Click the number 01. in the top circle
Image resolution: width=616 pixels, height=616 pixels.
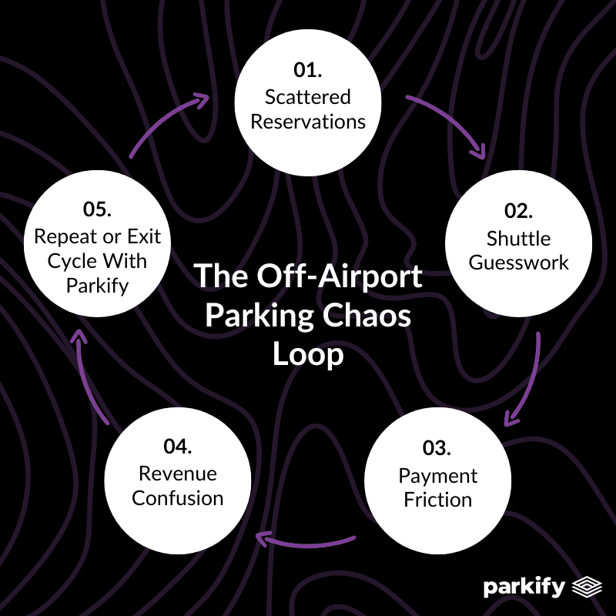(x=307, y=71)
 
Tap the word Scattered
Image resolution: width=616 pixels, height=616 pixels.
(x=308, y=97)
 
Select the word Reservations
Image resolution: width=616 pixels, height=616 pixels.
(x=308, y=122)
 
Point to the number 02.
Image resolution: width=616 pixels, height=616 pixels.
(x=519, y=211)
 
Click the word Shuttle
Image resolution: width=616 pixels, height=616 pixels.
(x=519, y=237)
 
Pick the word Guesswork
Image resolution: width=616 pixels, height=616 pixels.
(x=519, y=263)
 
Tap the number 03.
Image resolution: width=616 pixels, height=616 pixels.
(x=437, y=448)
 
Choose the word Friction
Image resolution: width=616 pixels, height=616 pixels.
(x=437, y=500)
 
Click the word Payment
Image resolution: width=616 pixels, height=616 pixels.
(x=438, y=475)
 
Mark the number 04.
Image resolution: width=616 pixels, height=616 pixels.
(x=178, y=447)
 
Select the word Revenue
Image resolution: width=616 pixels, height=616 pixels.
(x=178, y=473)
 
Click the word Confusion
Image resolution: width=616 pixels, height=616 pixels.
(x=178, y=497)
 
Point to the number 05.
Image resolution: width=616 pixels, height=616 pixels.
(x=97, y=209)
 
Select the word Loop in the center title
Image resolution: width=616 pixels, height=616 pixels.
(x=308, y=356)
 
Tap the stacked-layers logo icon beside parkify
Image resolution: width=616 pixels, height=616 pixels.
(x=588, y=588)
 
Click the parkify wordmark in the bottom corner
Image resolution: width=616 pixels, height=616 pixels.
(x=526, y=588)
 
